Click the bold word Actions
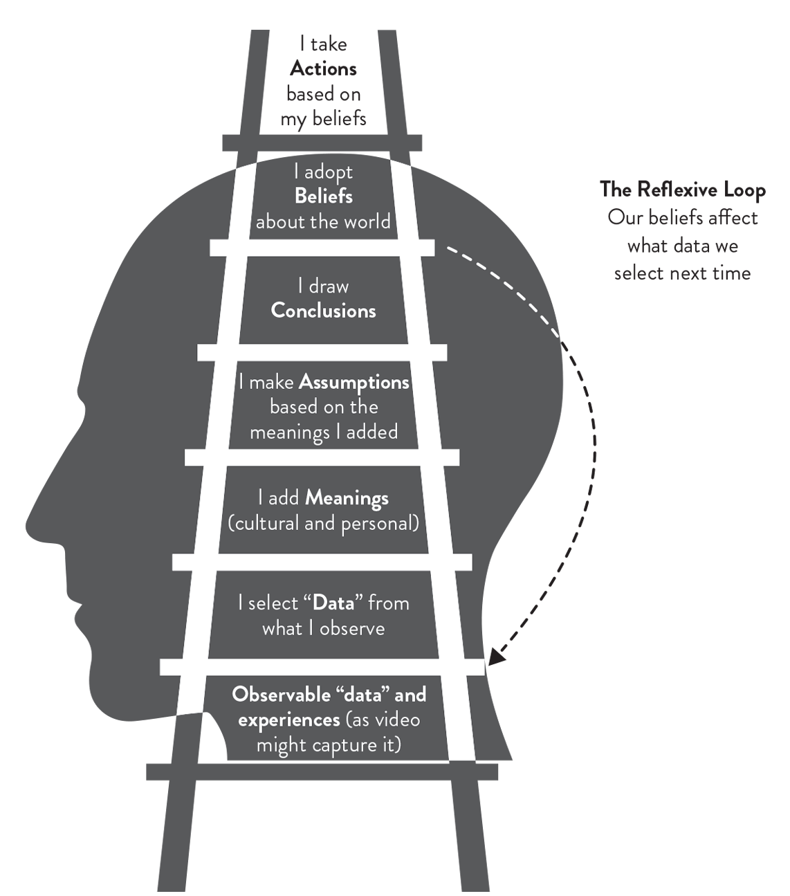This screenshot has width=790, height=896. click(x=323, y=68)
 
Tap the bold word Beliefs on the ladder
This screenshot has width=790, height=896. click(x=323, y=196)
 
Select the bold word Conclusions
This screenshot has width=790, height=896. click(x=323, y=311)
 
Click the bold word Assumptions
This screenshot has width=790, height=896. click(x=354, y=382)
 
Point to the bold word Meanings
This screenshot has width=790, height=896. click(x=347, y=498)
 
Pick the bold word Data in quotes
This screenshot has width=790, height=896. click(x=333, y=603)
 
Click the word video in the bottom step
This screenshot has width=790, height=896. click(x=396, y=720)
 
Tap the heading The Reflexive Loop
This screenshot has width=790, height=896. click(x=682, y=189)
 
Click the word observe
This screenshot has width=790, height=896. click(x=352, y=628)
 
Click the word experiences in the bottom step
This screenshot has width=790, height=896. click(x=288, y=720)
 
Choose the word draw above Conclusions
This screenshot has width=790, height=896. click(x=329, y=286)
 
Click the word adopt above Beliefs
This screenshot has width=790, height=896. click(x=328, y=172)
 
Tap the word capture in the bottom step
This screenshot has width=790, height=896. click(x=345, y=746)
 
